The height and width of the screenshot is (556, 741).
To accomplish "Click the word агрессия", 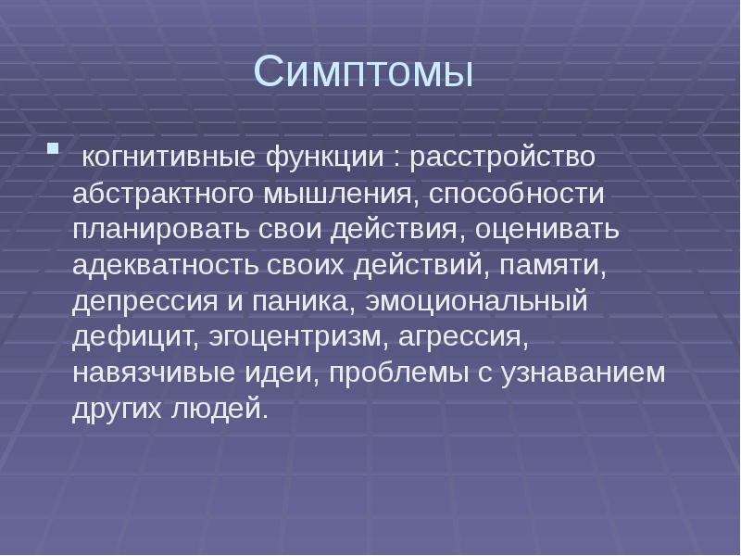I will pos(463,339).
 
